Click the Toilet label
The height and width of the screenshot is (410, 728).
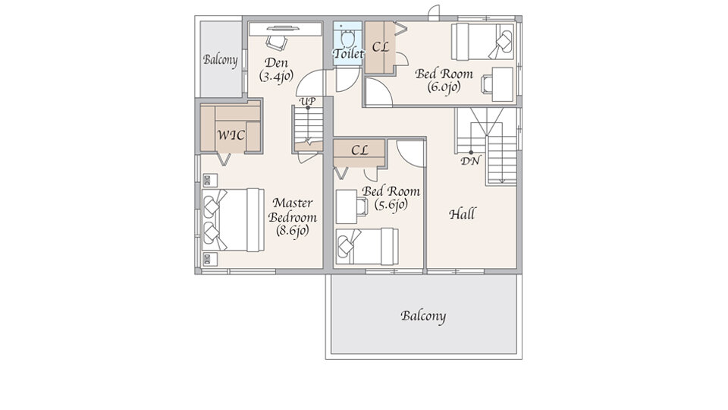tap(348, 53)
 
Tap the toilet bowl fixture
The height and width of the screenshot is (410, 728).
tap(347, 36)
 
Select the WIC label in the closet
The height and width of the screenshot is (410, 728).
tap(231, 135)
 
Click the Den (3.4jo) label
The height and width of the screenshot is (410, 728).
tap(276, 70)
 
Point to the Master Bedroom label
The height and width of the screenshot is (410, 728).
tap(293, 216)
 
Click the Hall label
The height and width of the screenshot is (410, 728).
tap(462, 214)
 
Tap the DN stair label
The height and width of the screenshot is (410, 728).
tap(470, 161)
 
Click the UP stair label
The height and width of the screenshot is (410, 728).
tap(307, 101)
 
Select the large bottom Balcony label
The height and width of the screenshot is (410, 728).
tap(423, 317)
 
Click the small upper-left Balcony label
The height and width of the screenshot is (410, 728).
tap(220, 60)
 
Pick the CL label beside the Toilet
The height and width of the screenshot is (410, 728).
tap(380, 47)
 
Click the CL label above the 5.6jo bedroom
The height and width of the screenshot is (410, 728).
tap(359, 150)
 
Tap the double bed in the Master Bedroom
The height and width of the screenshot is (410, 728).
tap(233, 219)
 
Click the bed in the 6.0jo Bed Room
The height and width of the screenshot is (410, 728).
tap(482, 42)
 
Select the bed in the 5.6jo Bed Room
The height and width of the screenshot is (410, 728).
tap(367, 246)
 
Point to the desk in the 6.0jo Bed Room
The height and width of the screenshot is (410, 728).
tap(502, 84)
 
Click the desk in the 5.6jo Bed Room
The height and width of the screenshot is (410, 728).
tap(347, 207)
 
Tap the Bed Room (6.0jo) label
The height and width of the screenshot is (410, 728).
tap(444, 80)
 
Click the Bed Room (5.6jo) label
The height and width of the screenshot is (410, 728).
tap(391, 198)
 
